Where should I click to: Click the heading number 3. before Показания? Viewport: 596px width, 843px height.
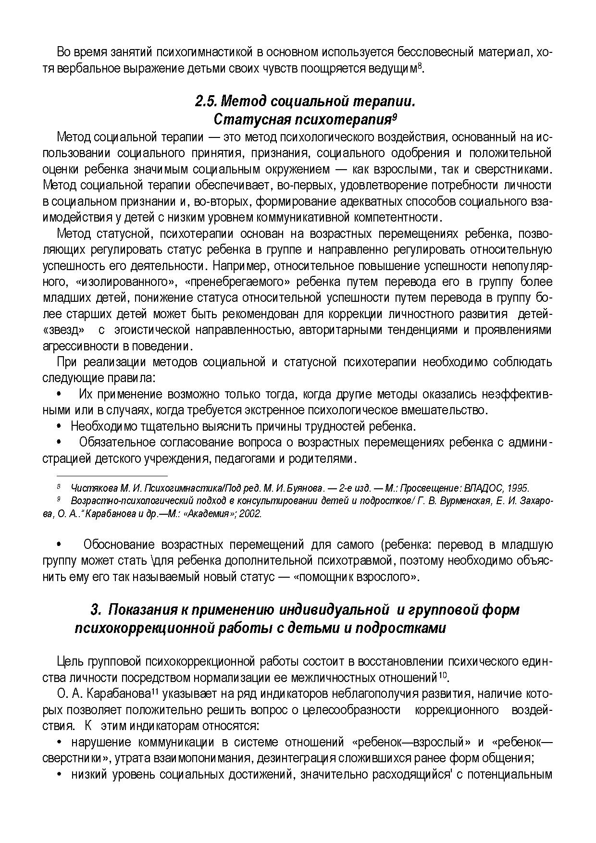click(96, 610)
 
